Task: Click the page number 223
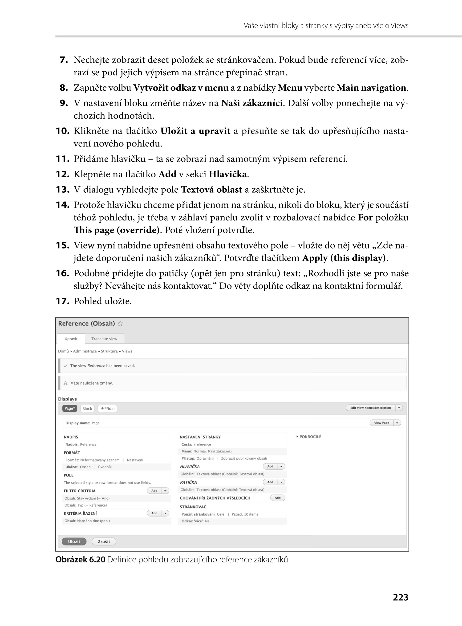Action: [x=400, y=597]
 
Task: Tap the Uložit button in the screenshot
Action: [x=74, y=541]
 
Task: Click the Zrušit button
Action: [x=104, y=541]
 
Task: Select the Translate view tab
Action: [x=104, y=339]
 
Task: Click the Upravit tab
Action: [x=71, y=339]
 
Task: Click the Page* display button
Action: [x=70, y=408]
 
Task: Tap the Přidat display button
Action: [x=108, y=408]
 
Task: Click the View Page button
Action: [x=382, y=423]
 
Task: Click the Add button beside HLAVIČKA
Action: [x=270, y=466]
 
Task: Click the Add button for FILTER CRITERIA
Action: [x=154, y=491]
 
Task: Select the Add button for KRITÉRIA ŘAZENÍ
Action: [x=154, y=513]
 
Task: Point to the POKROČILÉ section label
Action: [x=310, y=437]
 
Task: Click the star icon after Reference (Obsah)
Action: [x=120, y=324]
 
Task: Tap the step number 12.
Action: [x=62, y=174]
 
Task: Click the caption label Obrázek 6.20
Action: [x=80, y=559]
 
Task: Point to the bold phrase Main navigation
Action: [x=371, y=88]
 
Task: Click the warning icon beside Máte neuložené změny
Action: [x=66, y=383]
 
